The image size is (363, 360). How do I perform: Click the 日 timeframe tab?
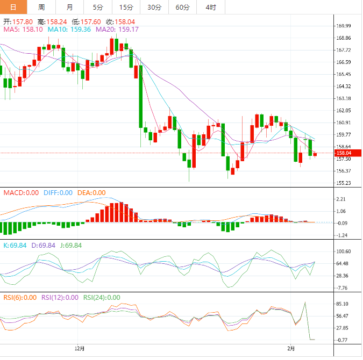pyautogui.click(x=12, y=7)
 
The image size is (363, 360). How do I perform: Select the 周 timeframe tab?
pyautogui.click(x=42, y=7)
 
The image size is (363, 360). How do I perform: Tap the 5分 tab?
pyautogui.click(x=97, y=7)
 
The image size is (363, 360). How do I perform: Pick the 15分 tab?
pyautogui.click(x=126, y=7)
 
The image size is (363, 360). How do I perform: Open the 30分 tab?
pyautogui.click(x=154, y=7)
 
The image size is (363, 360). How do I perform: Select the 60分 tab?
pyautogui.click(x=183, y=7)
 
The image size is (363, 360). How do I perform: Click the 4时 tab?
pyautogui.click(x=211, y=7)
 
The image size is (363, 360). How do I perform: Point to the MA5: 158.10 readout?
pyautogui.click(x=23, y=30)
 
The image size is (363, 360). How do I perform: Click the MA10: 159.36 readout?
pyautogui.click(x=69, y=30)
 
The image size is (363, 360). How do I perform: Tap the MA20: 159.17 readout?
pyautogui.click(x=117, y=30)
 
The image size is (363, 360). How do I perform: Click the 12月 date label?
pyautogui.click(x=80, y=348)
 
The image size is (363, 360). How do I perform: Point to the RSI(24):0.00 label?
pyautogui.click(x=102, y=297)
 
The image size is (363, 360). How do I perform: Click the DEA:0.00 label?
pyautogui.click(x=91, y=192)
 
